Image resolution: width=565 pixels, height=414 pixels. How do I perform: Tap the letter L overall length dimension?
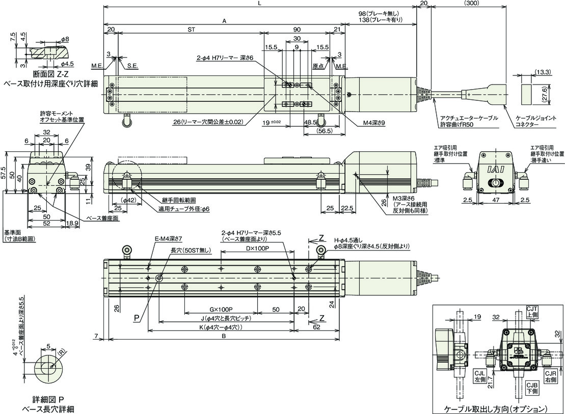tap(259, 3)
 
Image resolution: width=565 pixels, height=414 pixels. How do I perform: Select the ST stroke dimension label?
tap(192, 30)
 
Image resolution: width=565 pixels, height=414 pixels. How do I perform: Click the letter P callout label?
tap(137, 318)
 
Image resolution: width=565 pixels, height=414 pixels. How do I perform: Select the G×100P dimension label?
tap(221, 310)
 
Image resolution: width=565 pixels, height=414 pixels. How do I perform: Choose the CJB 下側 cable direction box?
tap(532, 388)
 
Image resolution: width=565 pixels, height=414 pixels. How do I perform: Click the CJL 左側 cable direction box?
tap(479, 376)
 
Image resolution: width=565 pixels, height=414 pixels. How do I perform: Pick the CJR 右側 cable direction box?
tap(551, 376)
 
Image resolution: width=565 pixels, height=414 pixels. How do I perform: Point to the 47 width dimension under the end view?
tap(496, 200)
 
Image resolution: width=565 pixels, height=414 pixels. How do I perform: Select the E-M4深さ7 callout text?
tap(169, 238)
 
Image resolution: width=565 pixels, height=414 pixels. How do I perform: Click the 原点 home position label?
tap(318, 66)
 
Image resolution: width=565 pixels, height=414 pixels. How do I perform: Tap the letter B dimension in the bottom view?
tap(224, 336)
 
